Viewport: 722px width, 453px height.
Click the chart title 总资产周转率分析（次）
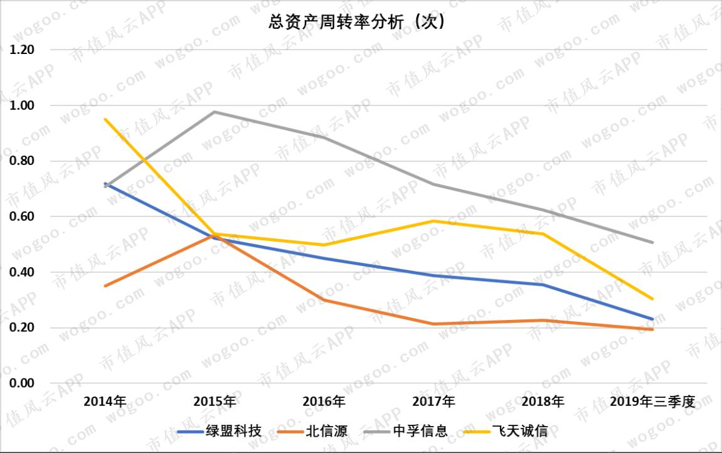point(356,23)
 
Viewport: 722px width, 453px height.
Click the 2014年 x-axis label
point(105,402)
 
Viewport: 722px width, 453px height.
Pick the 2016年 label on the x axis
point(324,402)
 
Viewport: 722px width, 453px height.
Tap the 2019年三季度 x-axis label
point(653,402)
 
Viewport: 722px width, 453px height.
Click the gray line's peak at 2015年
point(215,112)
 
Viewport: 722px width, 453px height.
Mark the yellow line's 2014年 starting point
point(105,119)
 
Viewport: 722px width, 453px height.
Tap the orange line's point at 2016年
point(324,300)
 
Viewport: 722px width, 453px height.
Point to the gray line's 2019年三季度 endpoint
point(653,242)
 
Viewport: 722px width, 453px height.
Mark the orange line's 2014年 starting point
point(105,285)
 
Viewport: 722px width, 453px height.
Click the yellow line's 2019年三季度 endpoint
point(653,299)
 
